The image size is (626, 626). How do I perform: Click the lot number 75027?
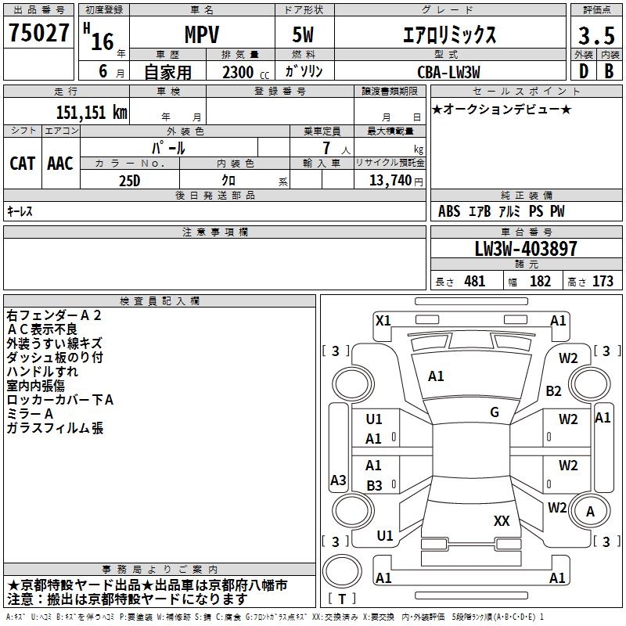coord(38,34)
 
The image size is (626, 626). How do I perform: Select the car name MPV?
coord(201,35)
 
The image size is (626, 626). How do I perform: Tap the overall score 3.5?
coord(596,35)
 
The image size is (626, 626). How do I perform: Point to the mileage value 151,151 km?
coord(92,112)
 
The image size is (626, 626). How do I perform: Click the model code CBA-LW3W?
coord(448,72)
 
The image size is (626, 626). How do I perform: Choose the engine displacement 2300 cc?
coord(239,72)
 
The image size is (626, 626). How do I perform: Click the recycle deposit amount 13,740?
coord(390,180)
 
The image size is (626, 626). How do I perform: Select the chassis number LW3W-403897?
coord(526,249)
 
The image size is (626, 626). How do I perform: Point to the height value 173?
coord(603,282)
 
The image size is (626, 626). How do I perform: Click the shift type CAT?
coord(23,164)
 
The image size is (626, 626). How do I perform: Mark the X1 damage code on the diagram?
coord(383,320)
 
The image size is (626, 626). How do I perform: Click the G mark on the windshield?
coord(495,412)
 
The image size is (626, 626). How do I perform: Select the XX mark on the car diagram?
coord(502,520)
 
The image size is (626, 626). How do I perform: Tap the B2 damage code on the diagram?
coord(554,390)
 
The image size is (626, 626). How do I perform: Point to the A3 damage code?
coord(338,480)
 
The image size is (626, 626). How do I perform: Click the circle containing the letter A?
coord(591,512)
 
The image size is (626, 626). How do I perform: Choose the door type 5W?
coord(305,35)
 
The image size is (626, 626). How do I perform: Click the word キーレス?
coord(20,211)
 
